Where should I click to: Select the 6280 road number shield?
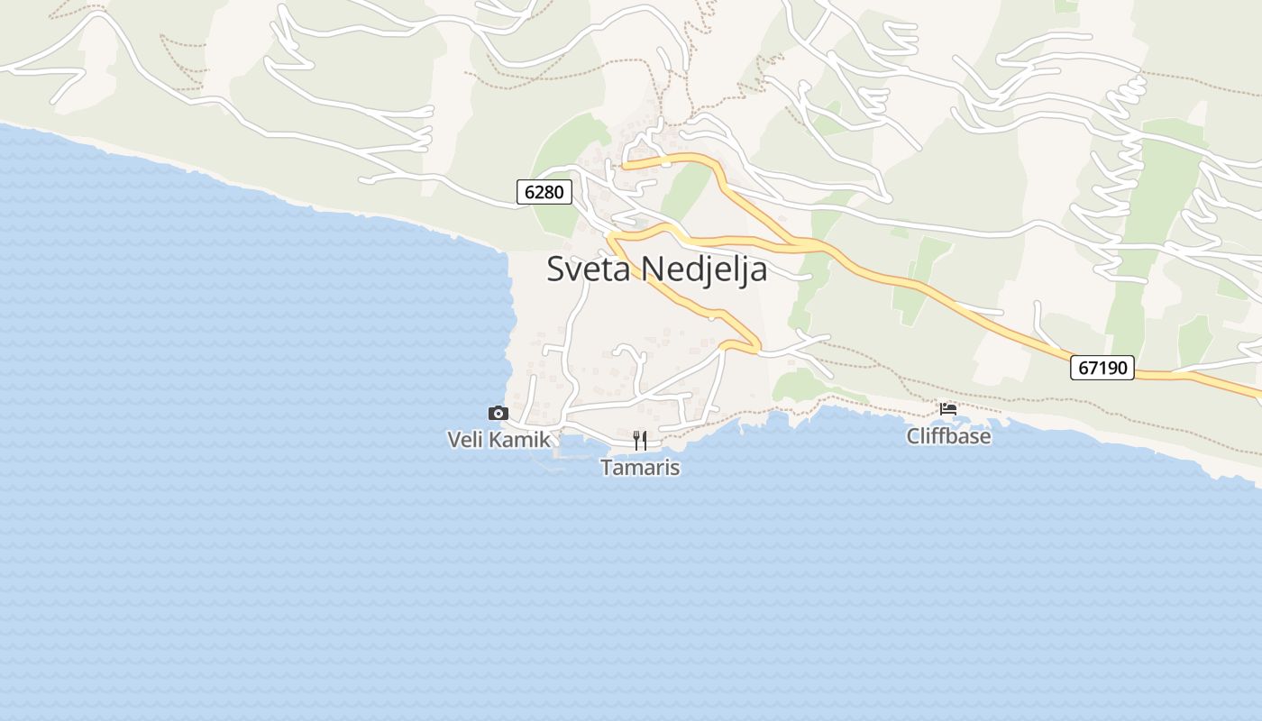[x=544, y=192]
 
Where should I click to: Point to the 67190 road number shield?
[x=1102, y=368]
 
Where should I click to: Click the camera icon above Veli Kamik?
[x=498, y=414]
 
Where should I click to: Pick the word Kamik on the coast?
[x=520, y=440]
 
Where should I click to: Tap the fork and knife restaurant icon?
[x=640, y=440]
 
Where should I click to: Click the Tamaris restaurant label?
[x=640, y=468]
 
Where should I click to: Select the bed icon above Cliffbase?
[x=947, y=408]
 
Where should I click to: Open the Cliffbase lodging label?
[x=948, y=436]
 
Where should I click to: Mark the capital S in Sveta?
[x=556, y=269]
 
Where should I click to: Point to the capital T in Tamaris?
[x=607, y=468]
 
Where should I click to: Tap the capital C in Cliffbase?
[x=913, y=436]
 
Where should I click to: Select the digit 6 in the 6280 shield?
[x=529, y=192]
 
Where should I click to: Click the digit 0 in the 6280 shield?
[x=559, y=192]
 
